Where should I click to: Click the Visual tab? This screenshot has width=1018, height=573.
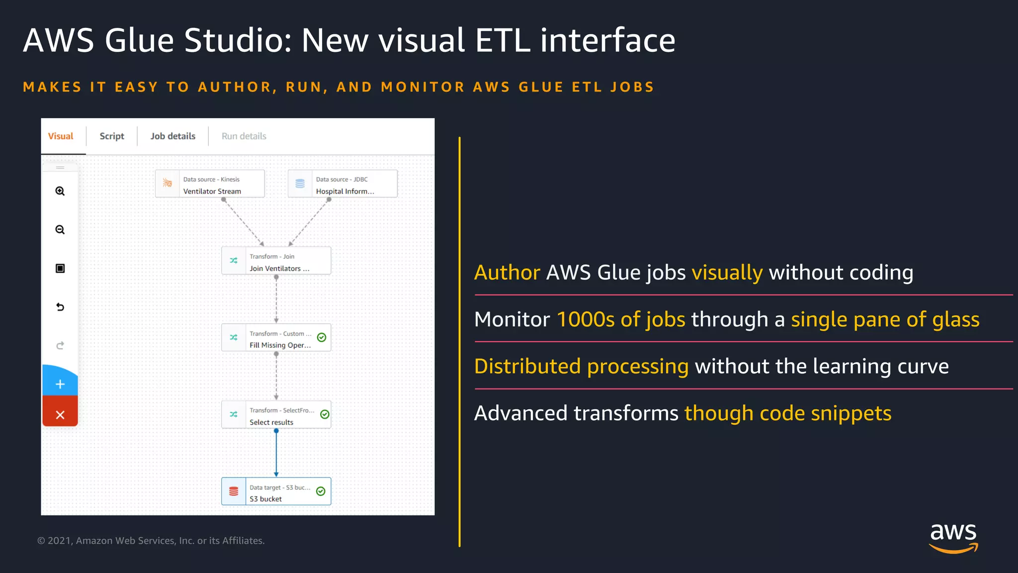click(x=61, y=136)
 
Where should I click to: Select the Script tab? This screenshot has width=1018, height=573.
click(x=112, y=136)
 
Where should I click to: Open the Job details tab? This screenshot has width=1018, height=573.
click(x=173, y=136)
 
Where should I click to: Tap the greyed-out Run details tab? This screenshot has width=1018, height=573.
click(x=244, y=136)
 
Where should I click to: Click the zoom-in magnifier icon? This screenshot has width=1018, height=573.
click(x=60, y=191)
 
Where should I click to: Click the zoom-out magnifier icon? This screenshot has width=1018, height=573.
click(x=60, y=230)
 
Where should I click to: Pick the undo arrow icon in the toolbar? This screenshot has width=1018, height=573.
click(x=60, y=307)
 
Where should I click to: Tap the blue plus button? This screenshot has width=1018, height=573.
click(x=60, y=384)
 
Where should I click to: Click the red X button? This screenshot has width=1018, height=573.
click(x=60, y=415)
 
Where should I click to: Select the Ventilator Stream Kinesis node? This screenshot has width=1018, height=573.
click(x=210, y=184)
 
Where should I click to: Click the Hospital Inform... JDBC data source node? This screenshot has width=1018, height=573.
click(x=342, y=184)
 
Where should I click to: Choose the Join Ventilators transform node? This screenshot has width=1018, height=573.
click(x=276, y=261)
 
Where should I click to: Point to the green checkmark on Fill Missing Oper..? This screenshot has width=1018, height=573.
click(x=322, y=338)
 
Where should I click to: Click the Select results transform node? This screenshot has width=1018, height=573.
click(x=276, y=415)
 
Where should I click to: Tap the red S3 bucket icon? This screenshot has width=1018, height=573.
click(x=234, y=491)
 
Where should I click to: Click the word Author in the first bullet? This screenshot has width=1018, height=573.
click(x=507, y=273)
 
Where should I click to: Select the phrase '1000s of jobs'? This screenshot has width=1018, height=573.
click(x=621, y=319)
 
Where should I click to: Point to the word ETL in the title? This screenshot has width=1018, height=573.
click(x=503, y=40)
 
